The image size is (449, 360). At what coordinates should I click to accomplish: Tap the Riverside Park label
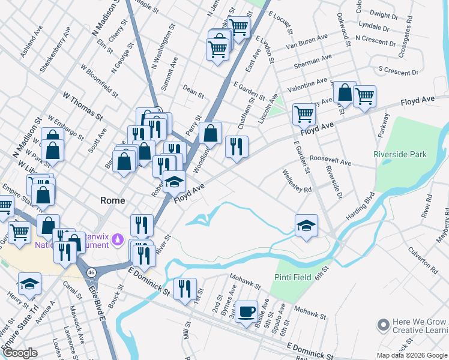coord(400,154)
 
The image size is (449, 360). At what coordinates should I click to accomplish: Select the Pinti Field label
coord(293,277)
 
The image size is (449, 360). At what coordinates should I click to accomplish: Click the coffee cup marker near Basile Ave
coord(246,311)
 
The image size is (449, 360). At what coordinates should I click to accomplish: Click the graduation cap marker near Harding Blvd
coord(306,226)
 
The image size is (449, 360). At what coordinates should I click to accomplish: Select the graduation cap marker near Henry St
coord(29,284)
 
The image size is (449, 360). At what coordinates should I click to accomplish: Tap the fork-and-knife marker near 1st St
coord(185,289)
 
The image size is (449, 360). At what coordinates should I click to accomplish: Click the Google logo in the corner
coord(20,353)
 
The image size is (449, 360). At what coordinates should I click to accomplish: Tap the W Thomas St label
coord(83,104)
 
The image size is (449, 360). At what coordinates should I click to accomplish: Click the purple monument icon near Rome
coord(119,240)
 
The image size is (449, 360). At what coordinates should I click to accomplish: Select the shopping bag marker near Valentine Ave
coord(345,92)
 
